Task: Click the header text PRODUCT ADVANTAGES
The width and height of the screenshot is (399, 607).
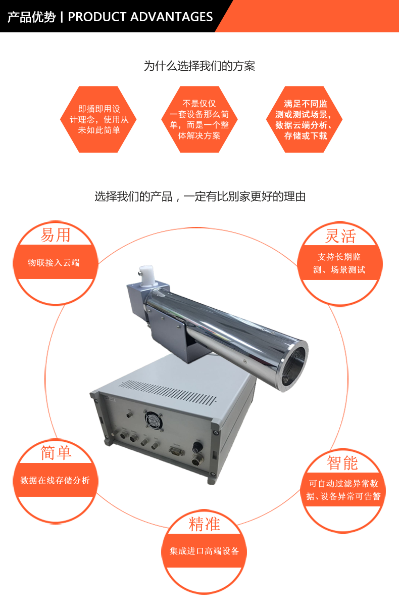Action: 140,17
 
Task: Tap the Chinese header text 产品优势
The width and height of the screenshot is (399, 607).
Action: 31,17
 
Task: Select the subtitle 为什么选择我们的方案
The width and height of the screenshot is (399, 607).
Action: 199,66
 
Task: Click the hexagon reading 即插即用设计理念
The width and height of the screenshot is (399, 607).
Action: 98,119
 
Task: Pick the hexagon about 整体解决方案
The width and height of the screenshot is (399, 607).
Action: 199,119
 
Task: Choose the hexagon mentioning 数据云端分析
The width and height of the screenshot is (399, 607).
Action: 305,119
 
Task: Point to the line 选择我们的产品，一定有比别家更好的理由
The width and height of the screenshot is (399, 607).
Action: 200,197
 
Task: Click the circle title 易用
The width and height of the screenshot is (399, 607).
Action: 56,235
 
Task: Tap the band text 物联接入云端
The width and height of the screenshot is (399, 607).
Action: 54,263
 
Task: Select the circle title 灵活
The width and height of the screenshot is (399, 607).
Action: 340,236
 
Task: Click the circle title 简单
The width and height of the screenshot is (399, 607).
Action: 56,452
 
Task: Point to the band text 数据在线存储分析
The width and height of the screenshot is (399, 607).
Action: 55,480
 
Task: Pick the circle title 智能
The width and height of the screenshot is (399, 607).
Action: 342,462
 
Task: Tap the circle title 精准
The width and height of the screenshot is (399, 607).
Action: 204,524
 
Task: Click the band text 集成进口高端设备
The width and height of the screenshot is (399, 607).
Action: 204,551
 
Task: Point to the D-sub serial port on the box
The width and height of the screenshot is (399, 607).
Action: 177,451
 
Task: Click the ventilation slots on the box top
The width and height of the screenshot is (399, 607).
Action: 169,392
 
